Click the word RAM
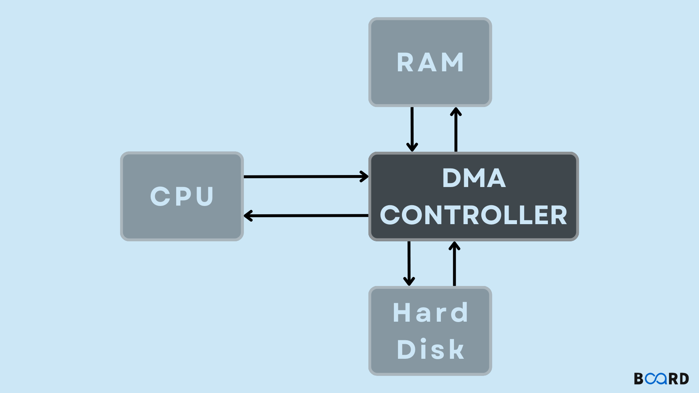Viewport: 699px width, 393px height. (430, 63)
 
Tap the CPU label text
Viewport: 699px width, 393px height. (182, 196)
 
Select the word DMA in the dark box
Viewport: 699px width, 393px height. (474, 178)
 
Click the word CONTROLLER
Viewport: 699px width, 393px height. (473, 215)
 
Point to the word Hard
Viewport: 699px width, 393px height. (430, 313)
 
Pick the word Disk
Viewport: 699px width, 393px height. (430, 350)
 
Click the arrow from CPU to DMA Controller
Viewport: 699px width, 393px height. (306, 176)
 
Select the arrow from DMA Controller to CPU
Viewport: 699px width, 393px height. (306, 216)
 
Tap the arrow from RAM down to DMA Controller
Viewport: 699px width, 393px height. (412, 129)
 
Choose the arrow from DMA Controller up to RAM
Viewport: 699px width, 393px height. (456, 129)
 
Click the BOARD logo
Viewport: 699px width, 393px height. (661, 379)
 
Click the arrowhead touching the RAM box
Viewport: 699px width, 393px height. (456, 111)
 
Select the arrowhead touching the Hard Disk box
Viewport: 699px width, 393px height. (409, 281)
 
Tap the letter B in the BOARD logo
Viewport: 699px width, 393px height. (639, 379)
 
